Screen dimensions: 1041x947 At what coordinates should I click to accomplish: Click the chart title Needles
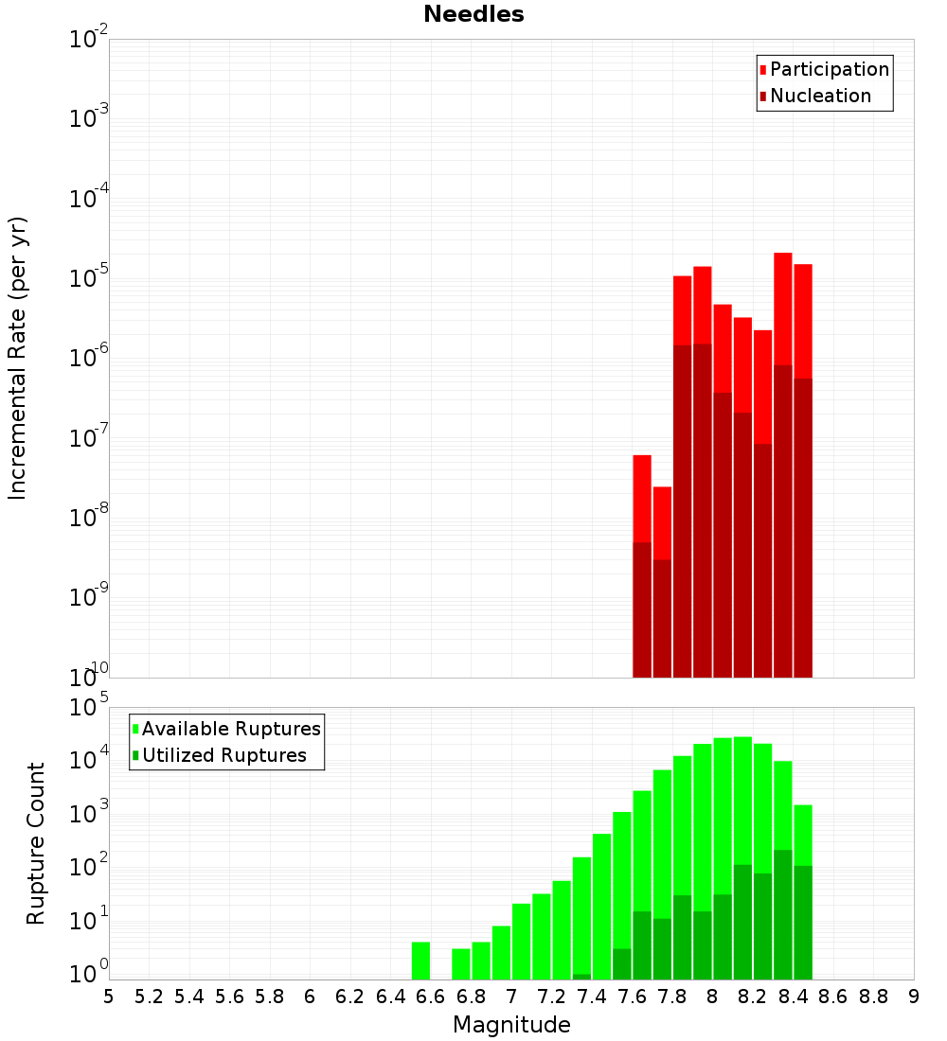(x=473, y=14)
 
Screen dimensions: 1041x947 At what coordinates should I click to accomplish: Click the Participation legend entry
(x=829, y=69)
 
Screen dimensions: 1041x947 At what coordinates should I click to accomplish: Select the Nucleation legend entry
(x=820, y=96)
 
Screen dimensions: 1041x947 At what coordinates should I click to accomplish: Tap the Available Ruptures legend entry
(x=231, y=729)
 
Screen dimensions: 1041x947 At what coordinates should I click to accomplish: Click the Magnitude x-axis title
(x=511, y=1025)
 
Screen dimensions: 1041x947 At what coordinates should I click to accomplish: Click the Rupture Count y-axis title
(x=36, y=843)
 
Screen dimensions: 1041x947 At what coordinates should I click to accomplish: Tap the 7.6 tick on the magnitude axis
(x=632, y=997)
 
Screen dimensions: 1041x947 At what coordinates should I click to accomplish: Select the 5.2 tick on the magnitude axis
(x=149, y=997)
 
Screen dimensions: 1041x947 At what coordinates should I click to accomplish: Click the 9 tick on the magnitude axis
(x=914, y=997)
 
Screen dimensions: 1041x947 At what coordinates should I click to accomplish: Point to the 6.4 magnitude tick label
(x=390, y=997)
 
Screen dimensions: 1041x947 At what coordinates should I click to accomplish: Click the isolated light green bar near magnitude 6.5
(x=420, y=961)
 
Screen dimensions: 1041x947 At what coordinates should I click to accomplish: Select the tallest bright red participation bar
(x=782, y=303)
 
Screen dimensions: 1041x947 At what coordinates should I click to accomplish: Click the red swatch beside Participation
(x=762, y=69)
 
